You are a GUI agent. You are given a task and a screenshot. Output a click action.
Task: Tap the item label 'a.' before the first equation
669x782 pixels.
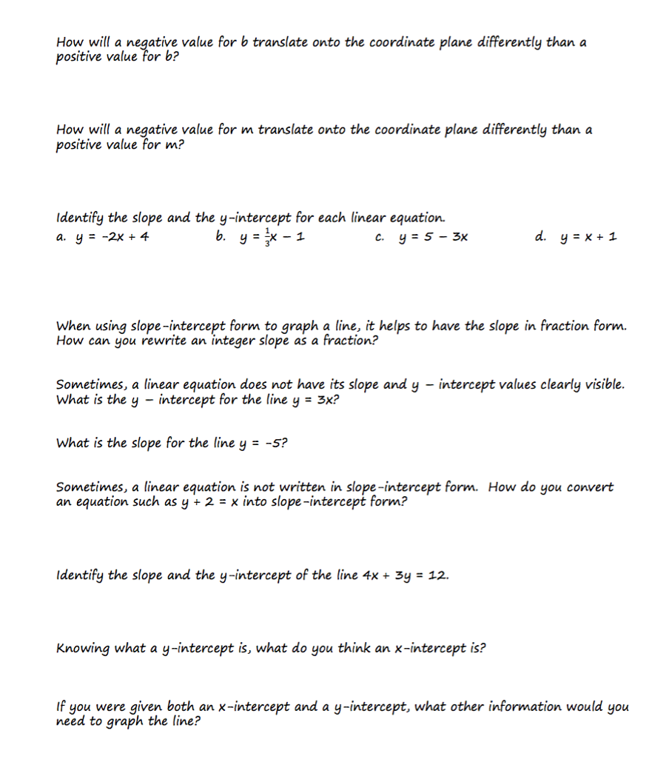pos(61,238)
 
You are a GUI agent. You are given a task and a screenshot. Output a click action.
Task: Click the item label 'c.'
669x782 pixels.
pos(380,238)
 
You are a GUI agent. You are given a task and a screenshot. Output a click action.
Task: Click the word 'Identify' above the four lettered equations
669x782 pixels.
pos(81,218)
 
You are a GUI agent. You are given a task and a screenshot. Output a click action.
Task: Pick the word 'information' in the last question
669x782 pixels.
pos(525,706)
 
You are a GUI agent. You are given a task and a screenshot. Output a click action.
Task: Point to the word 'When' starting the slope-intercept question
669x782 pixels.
pos(73,326)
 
